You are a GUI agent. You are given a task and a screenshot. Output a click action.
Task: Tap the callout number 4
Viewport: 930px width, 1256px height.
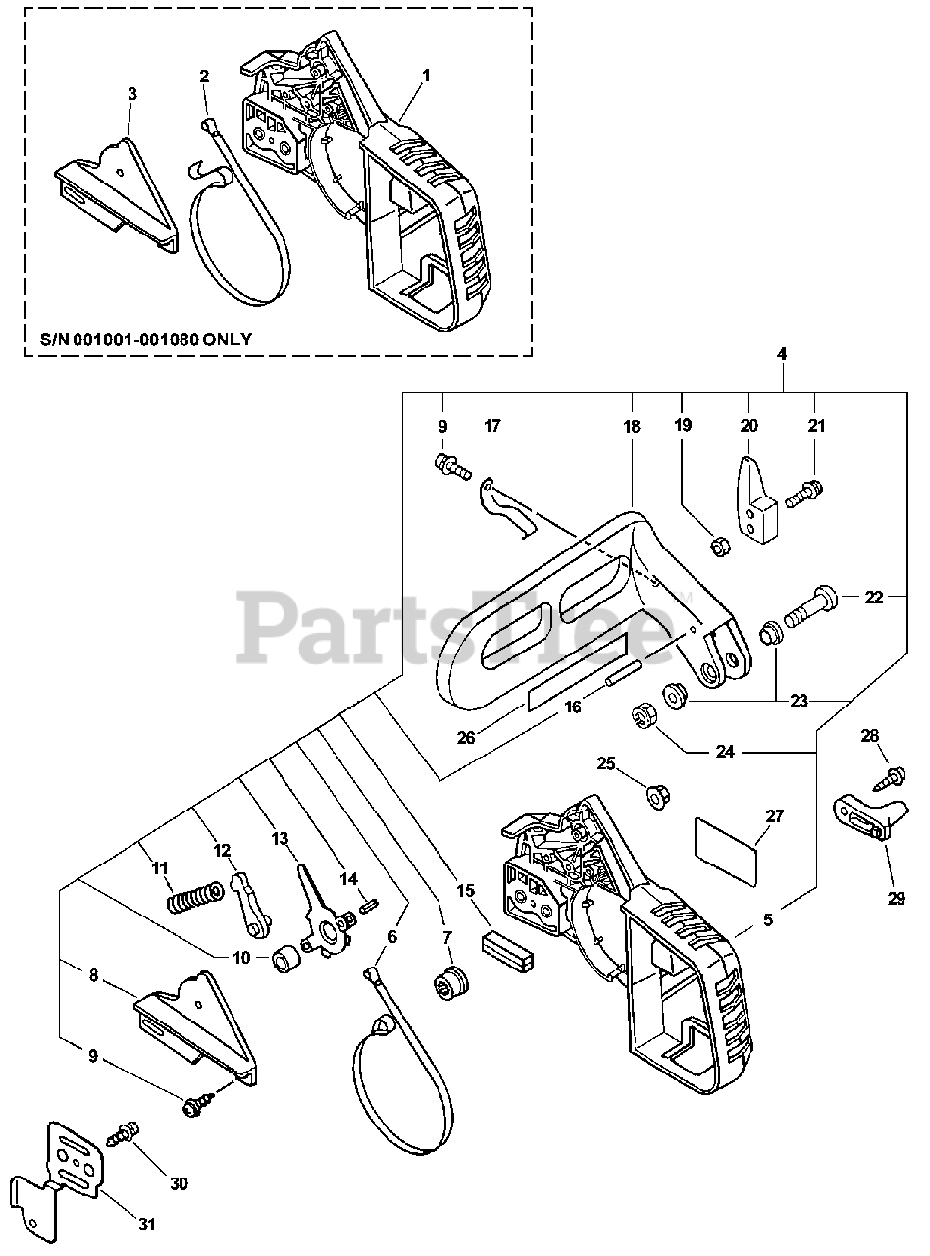point(782,352)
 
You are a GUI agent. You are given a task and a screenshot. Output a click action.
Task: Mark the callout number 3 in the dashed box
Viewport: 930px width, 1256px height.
point(132,93)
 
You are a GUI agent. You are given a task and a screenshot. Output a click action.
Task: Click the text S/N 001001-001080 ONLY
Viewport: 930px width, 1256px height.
point(146,340)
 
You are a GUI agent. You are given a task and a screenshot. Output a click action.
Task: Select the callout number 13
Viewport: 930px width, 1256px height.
point(281,838)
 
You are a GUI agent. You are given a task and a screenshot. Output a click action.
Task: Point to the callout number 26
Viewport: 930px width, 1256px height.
point(466,737)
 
